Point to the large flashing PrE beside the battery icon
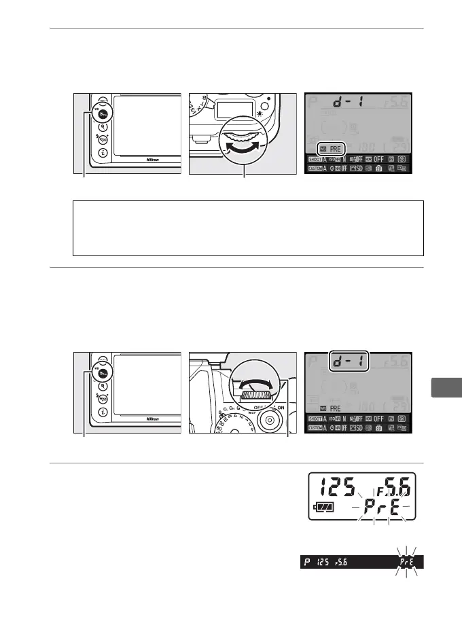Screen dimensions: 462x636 coord(382,508)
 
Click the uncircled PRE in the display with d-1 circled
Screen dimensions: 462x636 coord(336,409)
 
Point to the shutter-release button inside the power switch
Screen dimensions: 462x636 coord(270,421)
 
